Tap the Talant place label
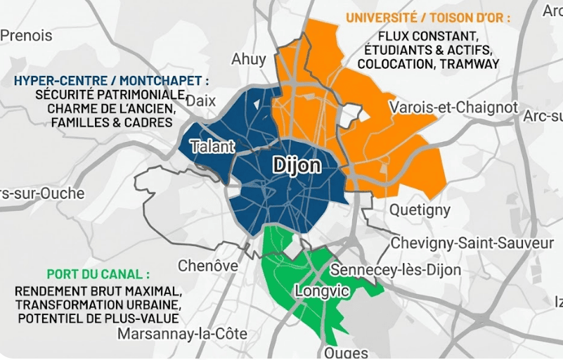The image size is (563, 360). [212, 148]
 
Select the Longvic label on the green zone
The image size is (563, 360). [318, 290]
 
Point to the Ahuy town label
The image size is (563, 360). [249, 59]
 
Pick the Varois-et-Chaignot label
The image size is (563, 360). [453, 108]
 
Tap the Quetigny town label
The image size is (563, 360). [420, 210]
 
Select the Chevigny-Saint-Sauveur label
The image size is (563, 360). [472, 243]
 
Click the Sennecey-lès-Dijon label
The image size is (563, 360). [396, 270]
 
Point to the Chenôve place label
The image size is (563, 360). [208, 266]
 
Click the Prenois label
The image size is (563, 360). [26, 35]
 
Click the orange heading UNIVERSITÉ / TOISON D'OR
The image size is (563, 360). [428, 18]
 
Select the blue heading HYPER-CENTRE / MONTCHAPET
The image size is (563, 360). [111, 81]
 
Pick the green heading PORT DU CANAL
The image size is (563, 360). [98, 274]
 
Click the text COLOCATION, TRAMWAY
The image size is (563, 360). [428, 64]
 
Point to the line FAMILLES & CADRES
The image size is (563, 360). [111, 123]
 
